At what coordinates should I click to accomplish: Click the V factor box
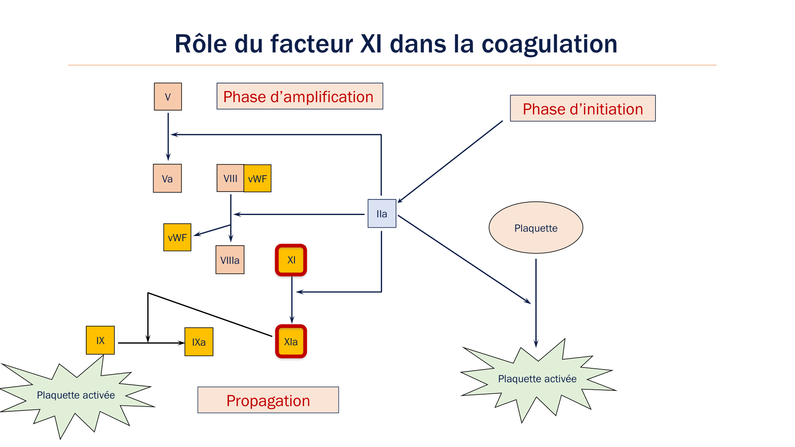(x=168, y=97)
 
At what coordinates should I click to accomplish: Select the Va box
(x=167, y=178)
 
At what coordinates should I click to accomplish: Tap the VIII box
(x=230, y=178)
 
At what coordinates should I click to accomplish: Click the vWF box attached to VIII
(x=258, y=178)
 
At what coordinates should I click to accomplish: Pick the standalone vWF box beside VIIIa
(x=177, y=237)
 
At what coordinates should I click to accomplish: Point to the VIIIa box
(x=230, y=260)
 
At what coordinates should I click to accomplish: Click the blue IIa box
(x=382, y=213)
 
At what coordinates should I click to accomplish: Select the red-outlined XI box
(x=291, y=260)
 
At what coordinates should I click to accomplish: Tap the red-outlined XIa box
(x=291, y=341)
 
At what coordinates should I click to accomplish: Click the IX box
(x=100, y=340)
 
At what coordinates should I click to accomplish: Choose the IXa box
(x=199, y=342)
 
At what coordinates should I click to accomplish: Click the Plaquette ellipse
(x=536, y=228)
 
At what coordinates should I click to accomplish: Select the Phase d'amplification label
(x=300, y=96)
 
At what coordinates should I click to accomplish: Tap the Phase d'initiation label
(x=583, y=108)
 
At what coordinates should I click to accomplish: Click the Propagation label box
(x=268, y=400)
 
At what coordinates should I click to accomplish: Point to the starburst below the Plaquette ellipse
(x=537, y=379)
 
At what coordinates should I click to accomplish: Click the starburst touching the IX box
(x=76, y=395)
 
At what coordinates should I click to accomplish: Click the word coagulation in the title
(x=549, y=44)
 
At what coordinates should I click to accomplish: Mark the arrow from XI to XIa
(x=292, y=300)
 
